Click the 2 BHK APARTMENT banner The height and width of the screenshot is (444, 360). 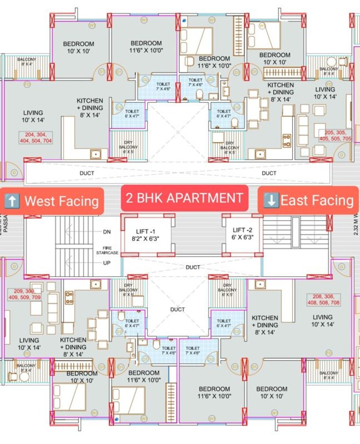pos(185,198)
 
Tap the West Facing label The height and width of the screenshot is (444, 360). pos(53,201)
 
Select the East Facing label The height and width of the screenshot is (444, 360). pos(308,200)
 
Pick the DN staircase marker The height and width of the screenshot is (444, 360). pos(107,232)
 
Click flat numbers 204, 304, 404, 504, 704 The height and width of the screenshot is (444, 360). pos(36,138)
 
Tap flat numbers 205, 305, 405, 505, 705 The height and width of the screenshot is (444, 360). pos(335,136)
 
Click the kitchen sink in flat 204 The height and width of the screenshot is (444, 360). pos(96,153)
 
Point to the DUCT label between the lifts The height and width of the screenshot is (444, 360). pos(192,267)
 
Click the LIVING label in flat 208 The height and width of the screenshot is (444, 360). pos(322,320)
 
